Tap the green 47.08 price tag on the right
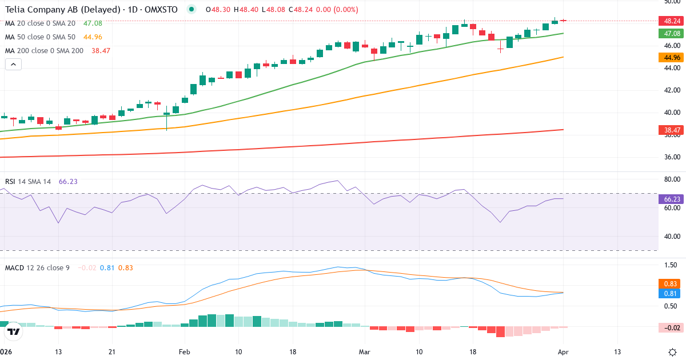click(672, 33)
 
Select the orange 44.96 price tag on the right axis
click(672, 57)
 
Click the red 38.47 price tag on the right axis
click(672, 130)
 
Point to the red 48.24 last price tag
click(672, 21)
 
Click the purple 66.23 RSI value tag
click(672, 199)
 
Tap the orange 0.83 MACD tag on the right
click(672, 283)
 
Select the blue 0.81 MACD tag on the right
click(672, 293)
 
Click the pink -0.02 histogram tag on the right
click(672, 327)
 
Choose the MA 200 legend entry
click(44, 50)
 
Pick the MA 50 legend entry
click(39, 37)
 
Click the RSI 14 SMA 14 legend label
click(28, 181)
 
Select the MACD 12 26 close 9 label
click(37, 267)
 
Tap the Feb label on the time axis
click(184, 351)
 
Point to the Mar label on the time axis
click(365, 351)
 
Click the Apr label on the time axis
click(563, 351)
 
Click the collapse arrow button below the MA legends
click(13, 64)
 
